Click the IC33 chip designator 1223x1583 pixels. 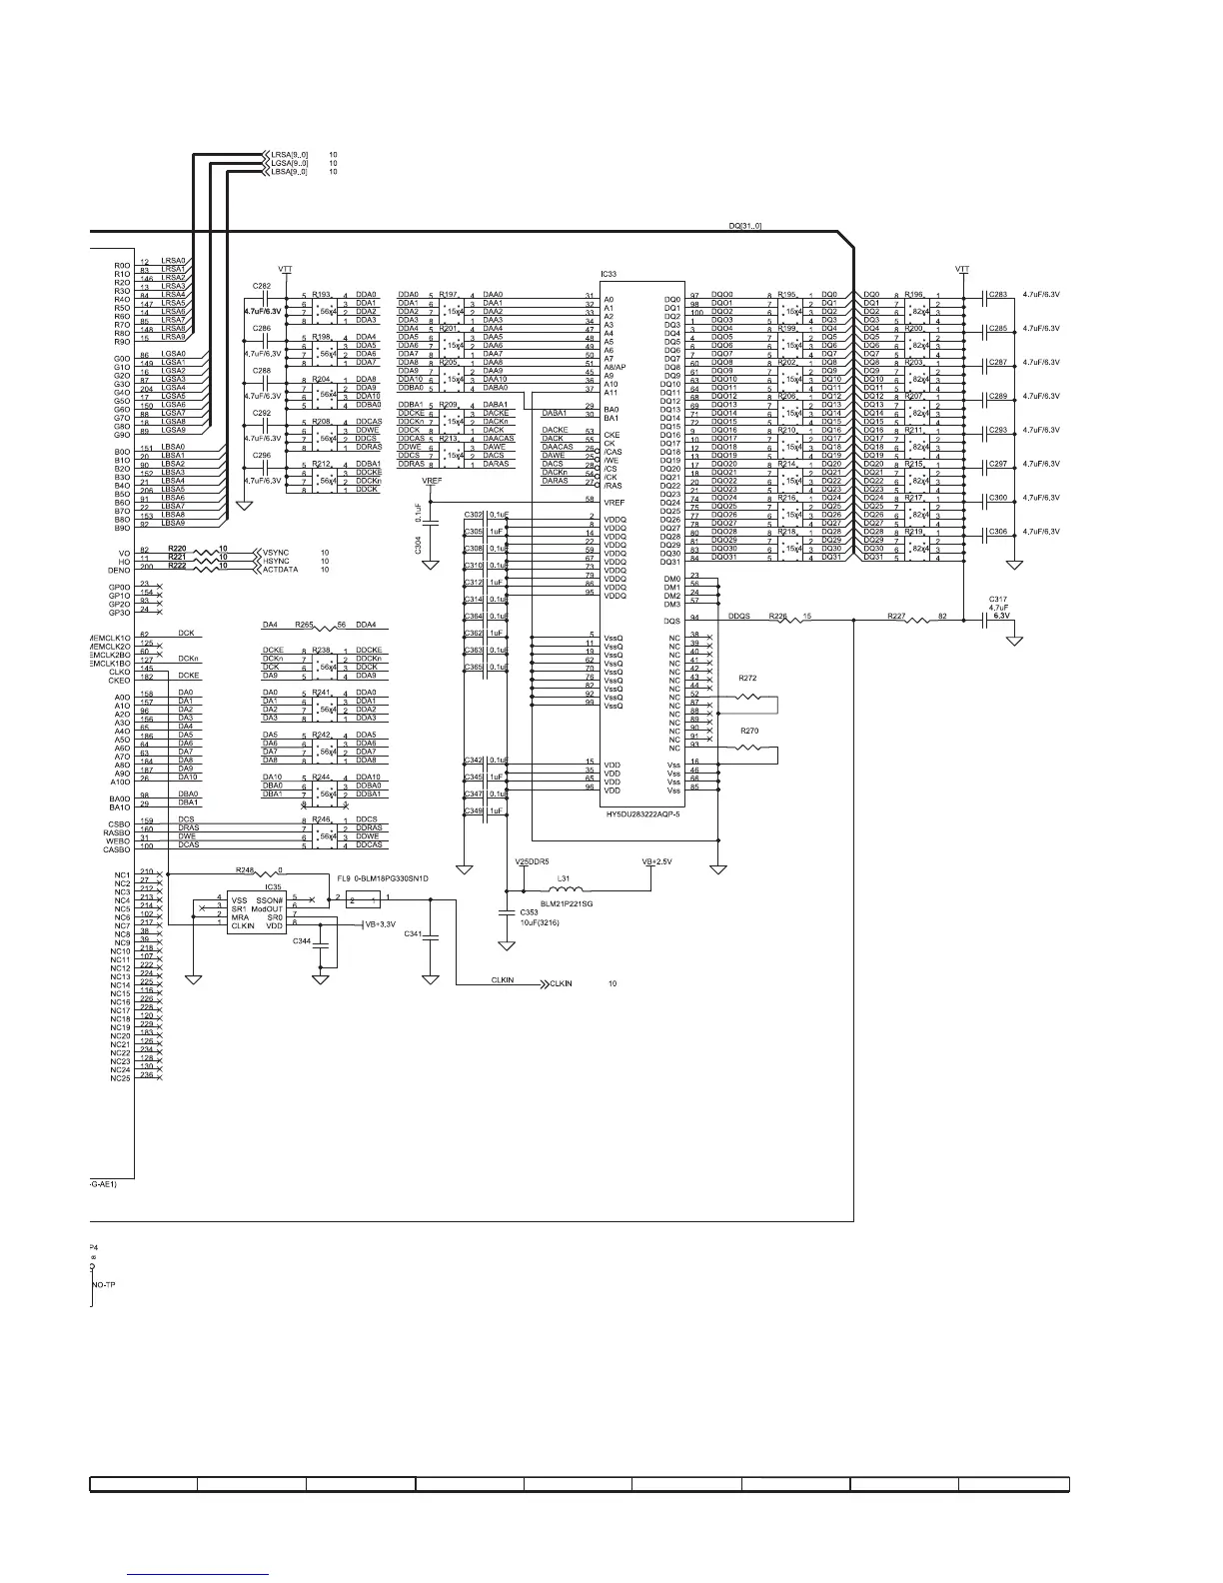(x=609, y=274)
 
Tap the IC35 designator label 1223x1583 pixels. (x=273, y=885)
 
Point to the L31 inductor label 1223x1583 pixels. (x=564, y=878)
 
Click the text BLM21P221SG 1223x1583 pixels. (x=560, y=902)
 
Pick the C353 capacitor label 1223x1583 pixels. (x=529, y=912)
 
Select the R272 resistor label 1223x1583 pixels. (x=747, y=679)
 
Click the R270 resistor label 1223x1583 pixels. (x=749, y=732)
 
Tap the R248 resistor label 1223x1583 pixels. (x=246, y=869)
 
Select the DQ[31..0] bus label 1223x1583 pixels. (x=745, y=226)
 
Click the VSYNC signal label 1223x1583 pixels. (x=276, y=552)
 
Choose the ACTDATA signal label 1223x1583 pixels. (x=280, y=569)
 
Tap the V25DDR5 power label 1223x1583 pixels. (x=532, y=861)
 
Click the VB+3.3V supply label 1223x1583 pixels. (x=381, y=924)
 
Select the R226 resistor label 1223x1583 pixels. (x=777, y=617)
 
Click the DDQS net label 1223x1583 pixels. (x=739, y=617)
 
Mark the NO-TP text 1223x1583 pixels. (x=104, y=1284)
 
